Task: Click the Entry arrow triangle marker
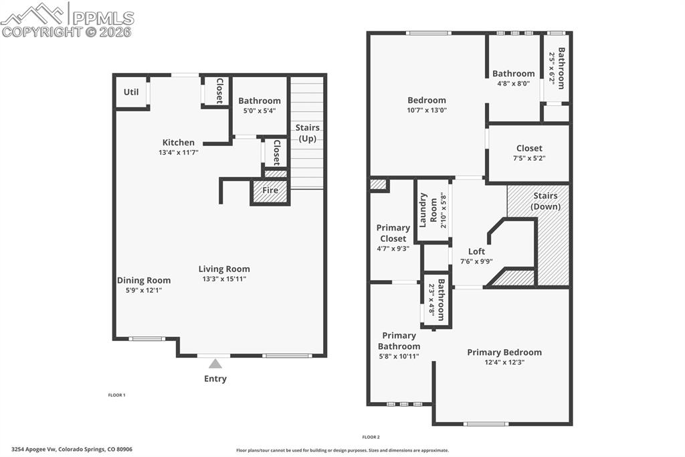tap(215, 364)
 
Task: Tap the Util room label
tap(131, 92)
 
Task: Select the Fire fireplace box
tap(270, 191)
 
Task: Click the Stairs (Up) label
tap(307, 133)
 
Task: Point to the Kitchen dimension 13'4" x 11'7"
tap(179, 152)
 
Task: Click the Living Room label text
tap(224, 269)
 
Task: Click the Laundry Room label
tap(427, 210)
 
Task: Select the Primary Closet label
tap(393, 233)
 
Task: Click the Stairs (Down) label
tap(545, 201)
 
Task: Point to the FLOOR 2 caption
tap(371, 436)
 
